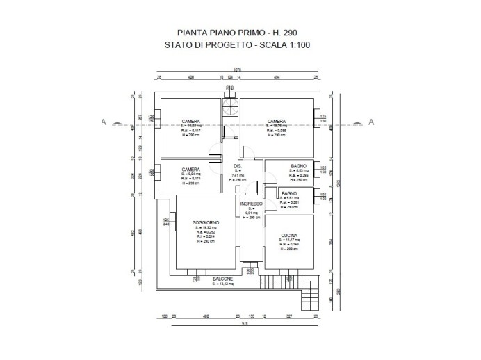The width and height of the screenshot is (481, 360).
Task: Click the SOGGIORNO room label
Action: pyautogui.click(x=206, y=222)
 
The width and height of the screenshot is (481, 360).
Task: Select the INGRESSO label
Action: pyautogui.click(x=251, y=204)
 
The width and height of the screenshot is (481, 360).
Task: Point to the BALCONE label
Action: pyautogui.click(x=223, y=279)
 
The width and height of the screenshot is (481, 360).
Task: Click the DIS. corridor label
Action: pyautogui.click(x=237, y=166)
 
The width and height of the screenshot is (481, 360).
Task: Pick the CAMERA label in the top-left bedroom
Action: pyautogui.click(x=191, y=120)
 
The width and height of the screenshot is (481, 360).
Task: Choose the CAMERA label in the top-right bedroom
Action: pyautogui.click(x=276, y=120)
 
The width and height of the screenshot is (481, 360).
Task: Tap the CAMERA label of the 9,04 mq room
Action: pyautogui.click(x=191, y=169)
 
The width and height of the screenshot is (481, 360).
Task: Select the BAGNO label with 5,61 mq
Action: pyautogui.click(x=290, y=193)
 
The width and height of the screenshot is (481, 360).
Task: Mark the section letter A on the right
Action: pyautogui.click(x=371, y=122)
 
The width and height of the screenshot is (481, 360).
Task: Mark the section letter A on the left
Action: pyautogui.click(x=102, y=122)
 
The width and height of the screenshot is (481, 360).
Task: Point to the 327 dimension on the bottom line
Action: pyautogui.click(x=288, y=316)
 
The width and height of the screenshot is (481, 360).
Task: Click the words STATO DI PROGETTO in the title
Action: pyautogui.click(x=202, y=47)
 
